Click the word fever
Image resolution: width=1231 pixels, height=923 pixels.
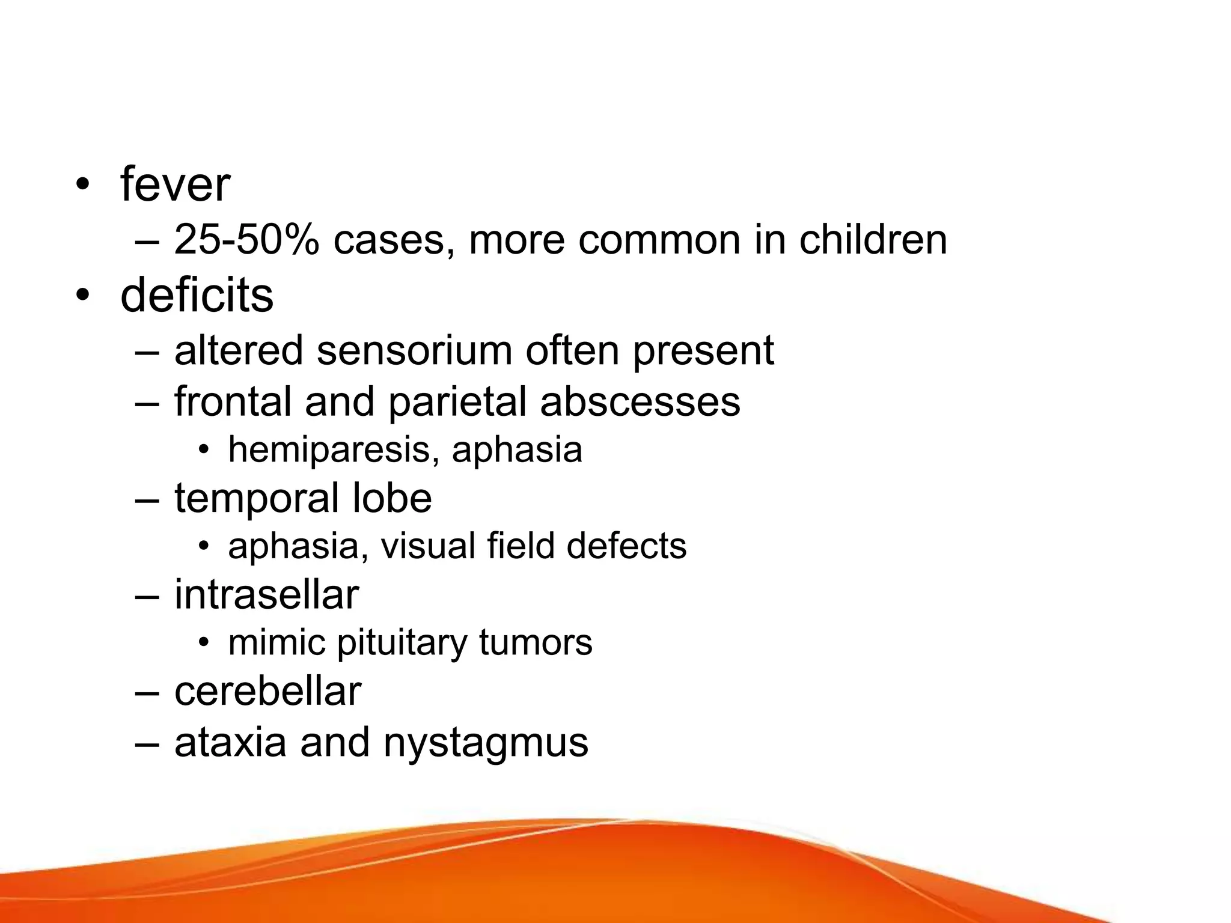(x=175, y=184)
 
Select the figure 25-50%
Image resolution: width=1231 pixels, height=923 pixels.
(x=246, y=240)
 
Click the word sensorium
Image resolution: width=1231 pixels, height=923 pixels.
(x=414, y=350)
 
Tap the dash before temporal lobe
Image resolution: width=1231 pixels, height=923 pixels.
(x=147, y=499)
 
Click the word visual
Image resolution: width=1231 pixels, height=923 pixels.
(x=427, y=546)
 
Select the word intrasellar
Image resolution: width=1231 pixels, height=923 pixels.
(x=266, y=596)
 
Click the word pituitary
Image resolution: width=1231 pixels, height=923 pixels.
(x=402, y=643)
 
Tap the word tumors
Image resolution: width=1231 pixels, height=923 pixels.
(x=536, y=643)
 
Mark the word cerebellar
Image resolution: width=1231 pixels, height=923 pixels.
(x=267, y=692)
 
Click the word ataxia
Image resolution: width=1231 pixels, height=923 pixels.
(x=230, y=743)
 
